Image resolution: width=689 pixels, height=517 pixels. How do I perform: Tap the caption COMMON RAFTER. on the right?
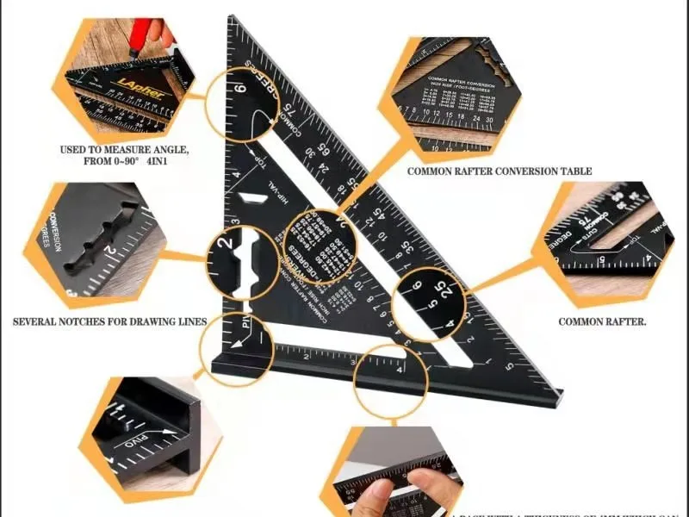(602, 322)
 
